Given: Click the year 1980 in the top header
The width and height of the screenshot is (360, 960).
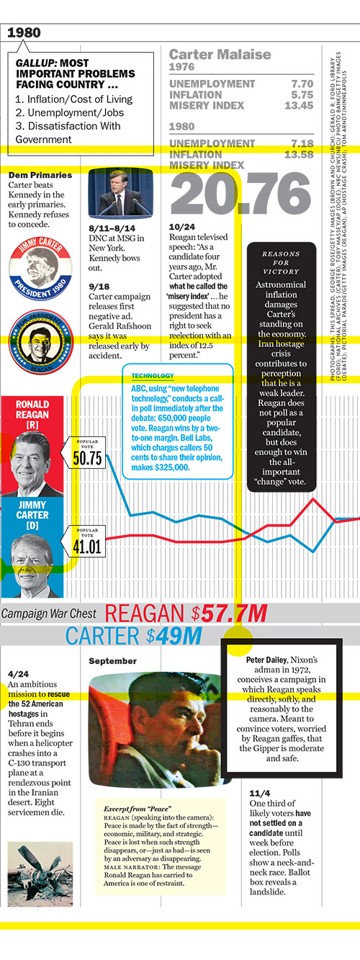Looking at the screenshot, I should pyautogui.click(x=24, y=32).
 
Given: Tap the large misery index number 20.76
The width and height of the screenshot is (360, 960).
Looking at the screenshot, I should pyautogui.click(x=241, y=194).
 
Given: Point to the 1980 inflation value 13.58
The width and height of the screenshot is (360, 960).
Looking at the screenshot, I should pyautogui.click(x=298, y=154).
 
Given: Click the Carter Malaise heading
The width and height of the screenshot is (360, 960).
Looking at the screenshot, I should pyautogui.click(x=220, y=55).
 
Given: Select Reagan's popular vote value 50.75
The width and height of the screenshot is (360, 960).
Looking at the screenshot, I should pyautogui.click(x=86, y=457).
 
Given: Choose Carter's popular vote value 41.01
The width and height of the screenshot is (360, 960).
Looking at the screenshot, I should pyautogui.click(x=86, y=545).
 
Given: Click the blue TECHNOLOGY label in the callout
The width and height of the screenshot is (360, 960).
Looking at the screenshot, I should pyautogui.click(x=152, y=376).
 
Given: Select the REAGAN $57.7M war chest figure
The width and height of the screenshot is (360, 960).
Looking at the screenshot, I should pyautogui.click(x=186, y=614).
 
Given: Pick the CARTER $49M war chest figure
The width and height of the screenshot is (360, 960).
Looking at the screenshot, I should pyautogui.click(x=134, y=636).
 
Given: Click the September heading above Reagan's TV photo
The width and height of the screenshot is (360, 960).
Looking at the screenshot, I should pyautogui.click(x=112, y=661).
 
